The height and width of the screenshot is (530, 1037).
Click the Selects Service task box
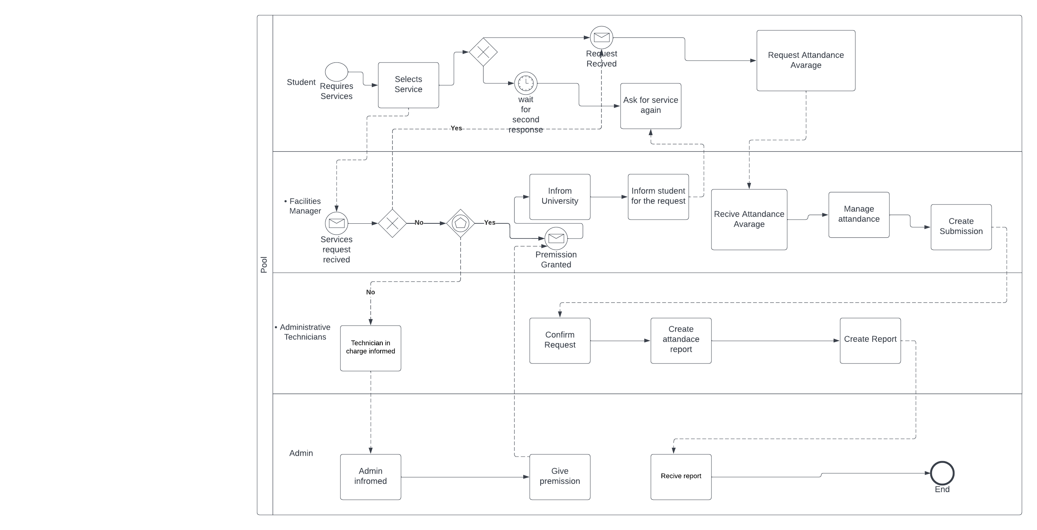(x=408, y=85)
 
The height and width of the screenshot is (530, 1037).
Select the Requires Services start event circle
(x=336, y=72)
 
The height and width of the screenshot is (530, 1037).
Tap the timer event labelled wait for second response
(x=526, y=83)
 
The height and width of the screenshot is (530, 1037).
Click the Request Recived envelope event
(x=602, y=37)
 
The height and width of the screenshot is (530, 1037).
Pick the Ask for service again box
(x=650, y=106)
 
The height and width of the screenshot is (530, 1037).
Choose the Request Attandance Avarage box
(x=806, y=60)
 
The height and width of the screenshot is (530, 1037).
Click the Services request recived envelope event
(x=336, y=223)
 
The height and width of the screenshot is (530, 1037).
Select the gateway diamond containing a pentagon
(x=460, y=223)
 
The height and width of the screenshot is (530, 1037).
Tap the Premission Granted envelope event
(x=556, y=238)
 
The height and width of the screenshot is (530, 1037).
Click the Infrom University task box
(x=560, y=197)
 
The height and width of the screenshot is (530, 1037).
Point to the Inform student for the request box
(x=658, y=197)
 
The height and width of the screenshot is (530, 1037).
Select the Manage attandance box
(x=859, y=215)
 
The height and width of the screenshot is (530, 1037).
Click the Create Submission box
(x=961, y=227)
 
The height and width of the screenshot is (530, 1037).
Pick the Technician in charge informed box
(x=370, y=348)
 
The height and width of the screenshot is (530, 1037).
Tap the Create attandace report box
(x=681, y=340)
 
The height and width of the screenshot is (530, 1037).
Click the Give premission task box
(x=560, y=477)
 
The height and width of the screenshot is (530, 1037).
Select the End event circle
(x=942, y=473)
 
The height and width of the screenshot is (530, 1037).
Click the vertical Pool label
(x=264, y=265)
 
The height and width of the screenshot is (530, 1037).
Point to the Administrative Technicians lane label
(x=305, y=332)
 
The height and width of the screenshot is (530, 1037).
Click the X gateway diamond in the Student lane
(x=483, y=52)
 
